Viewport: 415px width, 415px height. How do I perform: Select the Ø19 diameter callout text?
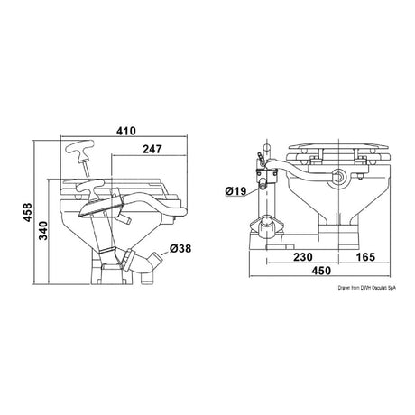click(235, 190)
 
